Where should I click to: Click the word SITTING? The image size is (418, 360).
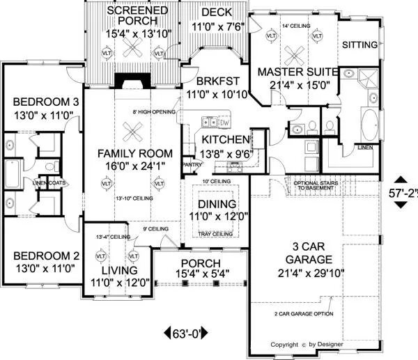point(360,45)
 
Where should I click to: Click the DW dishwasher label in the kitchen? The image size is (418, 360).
point(224,123)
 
